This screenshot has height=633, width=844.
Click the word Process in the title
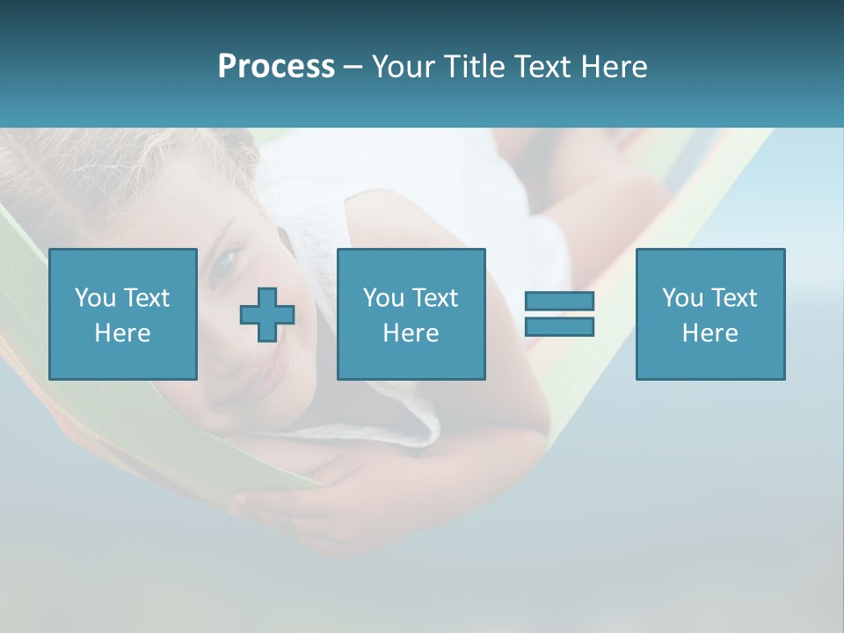(276, 67)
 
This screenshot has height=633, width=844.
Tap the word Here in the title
(613, 67)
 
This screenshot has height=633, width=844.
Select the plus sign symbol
(267, 315)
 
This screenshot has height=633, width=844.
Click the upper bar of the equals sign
(559, 301)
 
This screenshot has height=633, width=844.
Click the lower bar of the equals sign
(559, 326)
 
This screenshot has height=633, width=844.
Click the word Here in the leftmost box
(122, 333)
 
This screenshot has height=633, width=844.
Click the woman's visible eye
(226, 261)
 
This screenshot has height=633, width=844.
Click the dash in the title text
(353, 67)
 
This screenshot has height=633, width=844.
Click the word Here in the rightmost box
(709, 333)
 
